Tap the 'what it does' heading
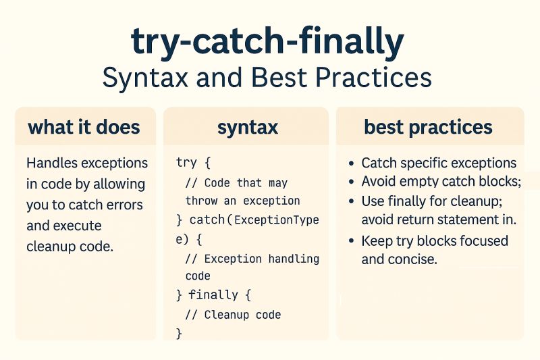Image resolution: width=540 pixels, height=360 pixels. [84, 127]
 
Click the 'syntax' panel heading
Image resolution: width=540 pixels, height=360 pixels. [247, 127]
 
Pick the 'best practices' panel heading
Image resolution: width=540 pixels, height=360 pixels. [429, 127]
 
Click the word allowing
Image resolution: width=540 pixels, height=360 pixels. [124, 184]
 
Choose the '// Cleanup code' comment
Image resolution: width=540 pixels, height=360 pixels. [233, 315]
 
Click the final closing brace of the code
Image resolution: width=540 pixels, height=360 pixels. [179, 334]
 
